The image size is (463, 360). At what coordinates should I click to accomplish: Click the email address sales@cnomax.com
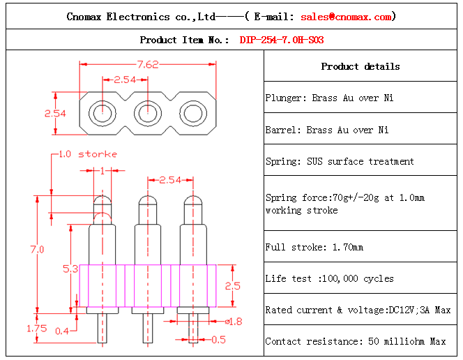click(346, 17)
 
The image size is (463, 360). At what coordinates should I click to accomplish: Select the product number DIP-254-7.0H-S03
click(281, 40)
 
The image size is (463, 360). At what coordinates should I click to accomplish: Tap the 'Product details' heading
click(360, 67)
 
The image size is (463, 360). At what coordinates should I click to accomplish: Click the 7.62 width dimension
click(148, 65)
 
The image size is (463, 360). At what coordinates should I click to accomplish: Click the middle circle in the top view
click(148, 112)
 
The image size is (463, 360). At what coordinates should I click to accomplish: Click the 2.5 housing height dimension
click(232, 285)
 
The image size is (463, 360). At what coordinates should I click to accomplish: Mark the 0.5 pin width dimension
click(218, 340)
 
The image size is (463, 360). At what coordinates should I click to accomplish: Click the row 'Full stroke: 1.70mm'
click(314, 248)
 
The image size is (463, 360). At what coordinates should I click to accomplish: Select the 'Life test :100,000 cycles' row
click(329, 279)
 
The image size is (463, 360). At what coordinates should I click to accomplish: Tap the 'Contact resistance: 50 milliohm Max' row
click(355, 342)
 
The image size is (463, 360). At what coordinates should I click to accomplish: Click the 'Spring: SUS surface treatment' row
click(340, 162)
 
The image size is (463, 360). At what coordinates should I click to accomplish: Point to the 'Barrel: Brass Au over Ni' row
click(327, 130)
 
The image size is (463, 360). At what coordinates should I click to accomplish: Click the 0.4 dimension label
click(61, 331)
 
